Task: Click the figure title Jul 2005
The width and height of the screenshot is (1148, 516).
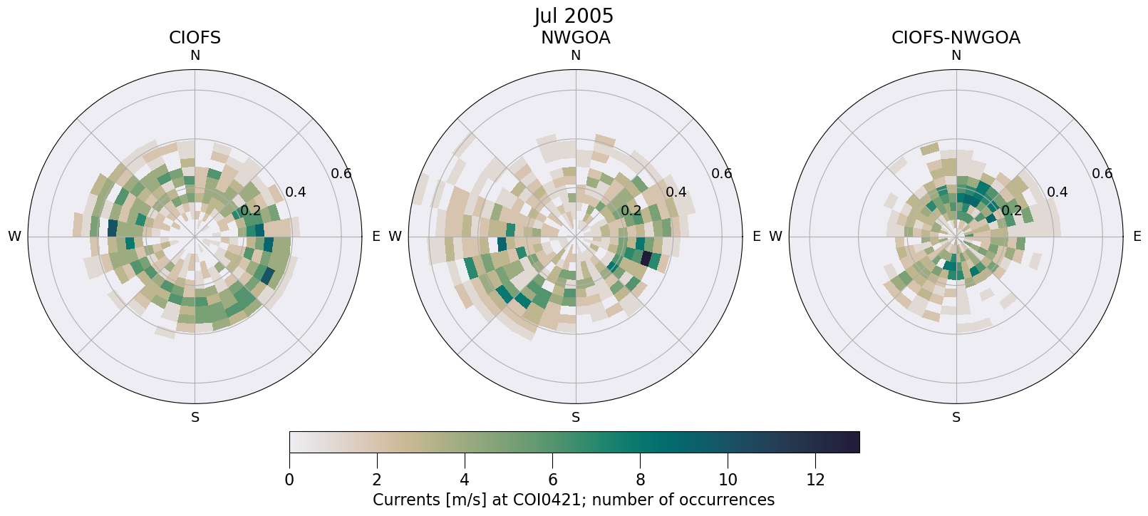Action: pyautogui.click(x=574, y=16)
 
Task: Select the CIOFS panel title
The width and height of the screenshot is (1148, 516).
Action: pyautogui.click(x=195, y=38)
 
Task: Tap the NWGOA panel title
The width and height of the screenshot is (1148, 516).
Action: pyautogui.click(x=575, y=38)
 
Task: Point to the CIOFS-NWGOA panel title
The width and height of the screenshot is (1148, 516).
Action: pyautogui.click(x=956, y=38)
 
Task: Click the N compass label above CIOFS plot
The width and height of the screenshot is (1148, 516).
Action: pyautogui.click(x=195, y=56)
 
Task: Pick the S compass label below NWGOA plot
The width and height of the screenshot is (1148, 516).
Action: pyautogui.click(x=576, y=418)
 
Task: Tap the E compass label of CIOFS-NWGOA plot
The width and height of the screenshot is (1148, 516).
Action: pyautogui.click(x=1137, y=237)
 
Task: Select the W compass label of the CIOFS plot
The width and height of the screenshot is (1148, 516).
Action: pyautogui.click(x=14, y=237)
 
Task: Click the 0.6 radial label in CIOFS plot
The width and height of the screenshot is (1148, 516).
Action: pyautogui.click(x=341, y=173)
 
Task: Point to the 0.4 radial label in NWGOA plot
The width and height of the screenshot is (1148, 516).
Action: pyautogui.click(x=676, y=192)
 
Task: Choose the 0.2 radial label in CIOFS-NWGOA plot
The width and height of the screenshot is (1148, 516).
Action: pyautogui.click(x=1011, y=210)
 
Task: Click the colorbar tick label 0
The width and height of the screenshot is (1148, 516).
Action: pyautogui.click(x=289, y=480)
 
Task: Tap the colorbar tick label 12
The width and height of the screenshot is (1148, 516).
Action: pyautogui.click(x=815, y=480)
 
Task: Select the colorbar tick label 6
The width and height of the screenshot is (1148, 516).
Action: pyautogui.click(x=552, y=480)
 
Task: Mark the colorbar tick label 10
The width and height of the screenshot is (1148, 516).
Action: pyautogui.click(x=728, y=480)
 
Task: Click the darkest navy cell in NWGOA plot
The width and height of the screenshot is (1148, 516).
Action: pyautogui.click(x=646, y=259)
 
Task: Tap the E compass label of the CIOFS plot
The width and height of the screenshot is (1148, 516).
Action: pyautogui.click(x=376, y=237)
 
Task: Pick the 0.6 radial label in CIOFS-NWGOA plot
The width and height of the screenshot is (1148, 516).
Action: pyautogui.click(x=1102, y=173)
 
